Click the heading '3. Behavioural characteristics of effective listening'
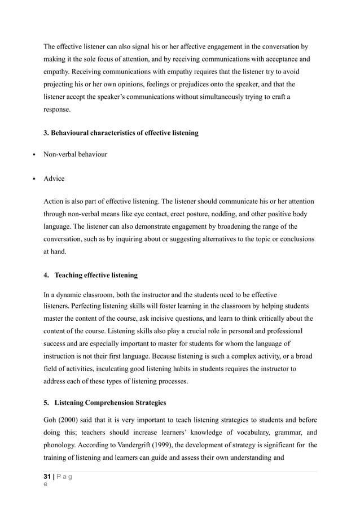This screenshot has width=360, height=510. click(121, 133)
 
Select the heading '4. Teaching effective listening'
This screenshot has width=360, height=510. click(90, 276)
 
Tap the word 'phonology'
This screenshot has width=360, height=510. click(61, 444)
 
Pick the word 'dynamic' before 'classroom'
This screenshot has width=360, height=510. click(68, 294)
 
